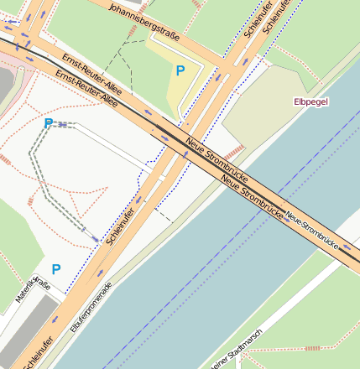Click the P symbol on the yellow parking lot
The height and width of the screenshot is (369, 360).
[x=180, y=71]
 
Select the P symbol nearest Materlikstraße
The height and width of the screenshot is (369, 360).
[x=55, y=269]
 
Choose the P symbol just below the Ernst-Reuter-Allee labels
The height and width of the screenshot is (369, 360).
[x=48, y=123]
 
